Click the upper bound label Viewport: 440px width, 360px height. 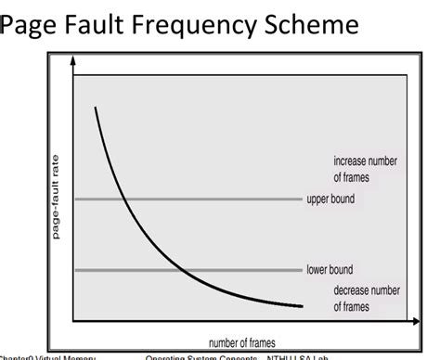pos(330,199)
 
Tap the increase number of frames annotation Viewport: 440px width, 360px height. pos(365,169)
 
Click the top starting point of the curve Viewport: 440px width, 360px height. pos(95,108)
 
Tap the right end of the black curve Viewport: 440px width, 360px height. pos(302,306)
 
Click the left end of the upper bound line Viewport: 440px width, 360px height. pos(76,199)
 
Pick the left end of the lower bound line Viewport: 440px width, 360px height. pos(76,270)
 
